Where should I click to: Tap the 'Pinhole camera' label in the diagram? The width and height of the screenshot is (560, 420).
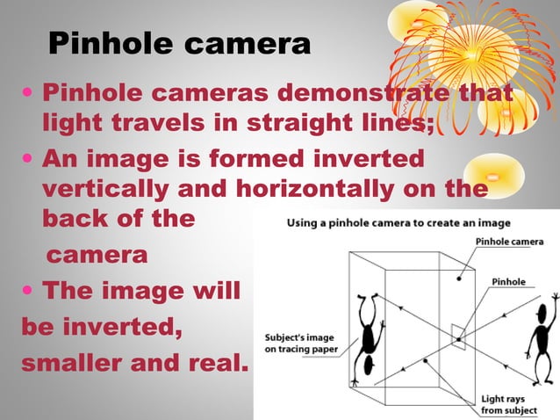(x=509, y=242)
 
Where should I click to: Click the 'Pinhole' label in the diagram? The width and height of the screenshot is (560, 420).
(x=508, y=281)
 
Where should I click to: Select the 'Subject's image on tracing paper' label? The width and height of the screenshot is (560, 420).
(x=299, y=343)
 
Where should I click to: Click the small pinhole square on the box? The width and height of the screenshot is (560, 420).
(x=456, y=335)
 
